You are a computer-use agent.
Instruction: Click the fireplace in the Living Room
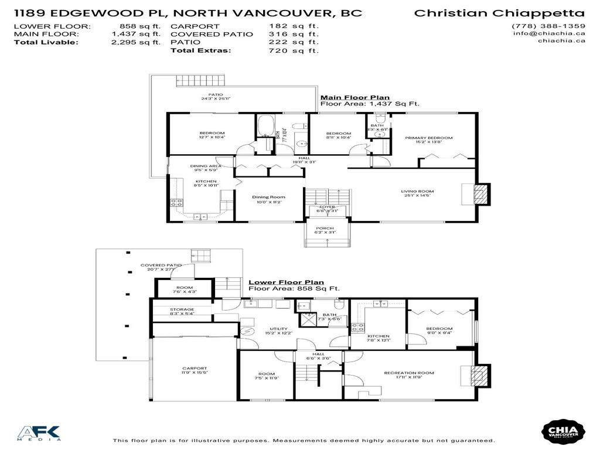click(x=480, y=195)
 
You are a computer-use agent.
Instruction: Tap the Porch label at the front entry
click(x=325, y=230)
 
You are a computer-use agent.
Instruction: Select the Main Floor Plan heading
click(x=354, y=98)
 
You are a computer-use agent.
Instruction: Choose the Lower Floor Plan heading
click(x=285, y=282)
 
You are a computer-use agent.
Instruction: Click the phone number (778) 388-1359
click(x=548, y=26)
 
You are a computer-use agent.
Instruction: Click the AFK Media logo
click(x=39, y=433)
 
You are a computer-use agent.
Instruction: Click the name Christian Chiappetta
click(x=499, y=13)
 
